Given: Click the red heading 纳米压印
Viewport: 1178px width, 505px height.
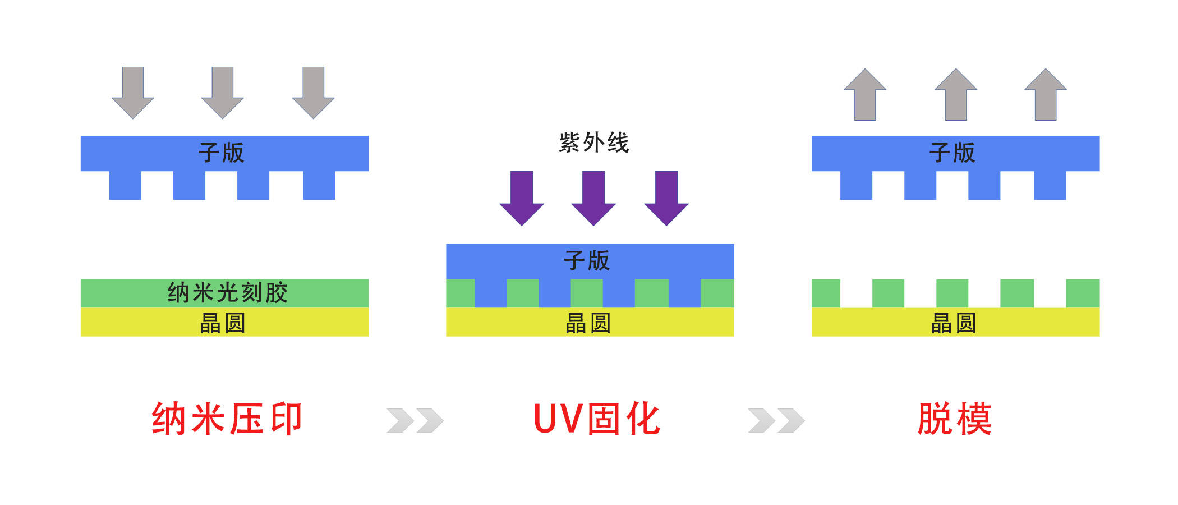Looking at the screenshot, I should click(x=227, y=419).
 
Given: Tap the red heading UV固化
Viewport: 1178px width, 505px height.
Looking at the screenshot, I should click(x=596, y=419).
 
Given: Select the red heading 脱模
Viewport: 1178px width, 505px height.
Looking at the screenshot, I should click(x=954, y=419).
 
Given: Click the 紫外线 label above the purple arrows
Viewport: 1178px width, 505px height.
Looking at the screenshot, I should click(x=593, y=143).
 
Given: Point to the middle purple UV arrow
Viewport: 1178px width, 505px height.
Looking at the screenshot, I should click(x=593, y=198).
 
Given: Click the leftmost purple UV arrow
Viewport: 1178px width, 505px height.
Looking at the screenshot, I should click(x=522, y=198).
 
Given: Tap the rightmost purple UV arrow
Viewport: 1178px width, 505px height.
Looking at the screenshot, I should click(x=666, y=198).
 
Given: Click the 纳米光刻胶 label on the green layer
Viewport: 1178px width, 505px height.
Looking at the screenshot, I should click(x=227, y=293).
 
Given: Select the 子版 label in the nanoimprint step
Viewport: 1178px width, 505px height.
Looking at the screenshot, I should click(x=222, y=153).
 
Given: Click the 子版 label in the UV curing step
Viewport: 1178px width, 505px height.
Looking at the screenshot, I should click(x=587, y=261).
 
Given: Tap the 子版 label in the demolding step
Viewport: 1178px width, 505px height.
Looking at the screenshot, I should click(x=952, y=153).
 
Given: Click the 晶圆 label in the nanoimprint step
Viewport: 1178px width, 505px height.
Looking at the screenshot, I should click(x=223, y=323).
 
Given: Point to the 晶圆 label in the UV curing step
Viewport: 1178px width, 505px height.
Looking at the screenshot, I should click(x=588, y=323).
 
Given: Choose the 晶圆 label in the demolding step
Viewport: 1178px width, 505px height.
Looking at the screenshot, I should click(x=954, y=323).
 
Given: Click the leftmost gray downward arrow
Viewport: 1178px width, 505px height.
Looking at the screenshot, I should click(x=133, y=92).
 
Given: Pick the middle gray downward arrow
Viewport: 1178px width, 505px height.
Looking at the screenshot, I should click(x=223, y=92).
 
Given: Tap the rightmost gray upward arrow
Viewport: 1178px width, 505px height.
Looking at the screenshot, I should click(x=1046, y=94).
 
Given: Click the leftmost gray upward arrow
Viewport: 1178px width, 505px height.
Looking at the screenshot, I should click(x=865, y=94).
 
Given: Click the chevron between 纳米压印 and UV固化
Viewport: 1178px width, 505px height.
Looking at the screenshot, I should click(x=415, y=421).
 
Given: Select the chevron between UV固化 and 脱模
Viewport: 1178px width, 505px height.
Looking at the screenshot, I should click(x=776, y=421).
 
